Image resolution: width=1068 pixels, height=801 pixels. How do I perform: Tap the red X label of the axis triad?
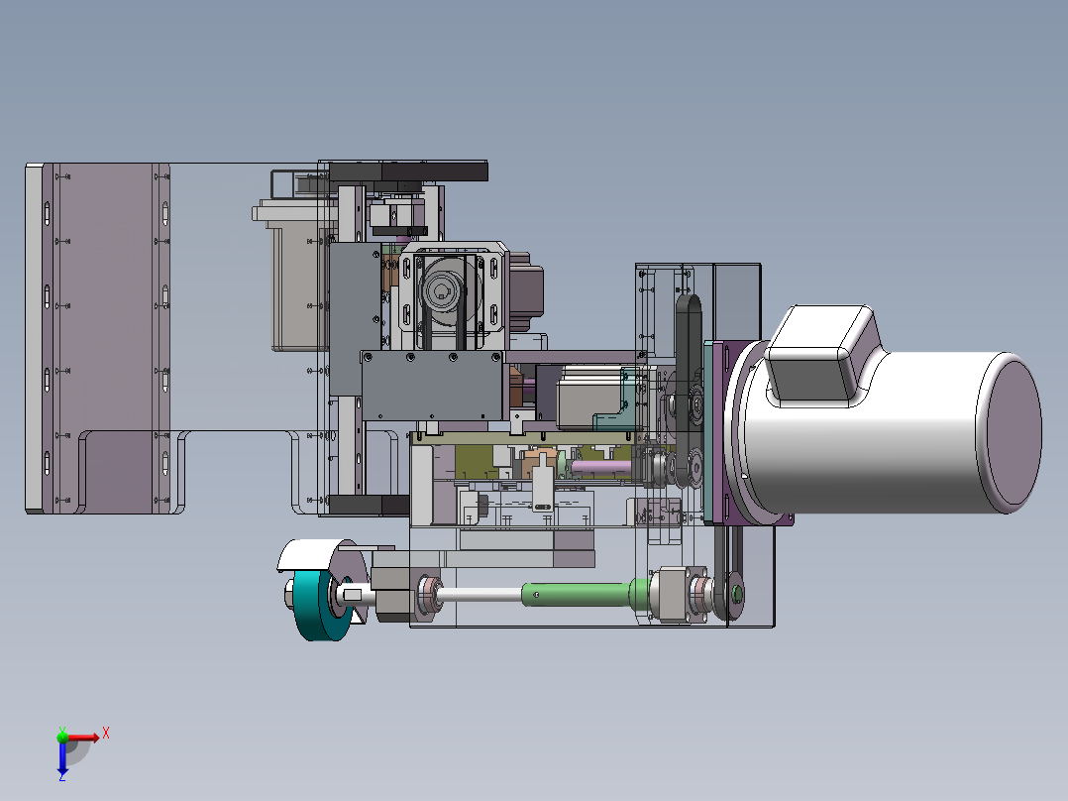coord(106,734)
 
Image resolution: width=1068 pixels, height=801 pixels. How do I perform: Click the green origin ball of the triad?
coord(62,737)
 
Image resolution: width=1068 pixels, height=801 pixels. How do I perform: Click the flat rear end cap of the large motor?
coord(1011,432)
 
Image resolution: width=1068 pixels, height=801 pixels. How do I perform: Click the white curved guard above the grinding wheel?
coord(312,553)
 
